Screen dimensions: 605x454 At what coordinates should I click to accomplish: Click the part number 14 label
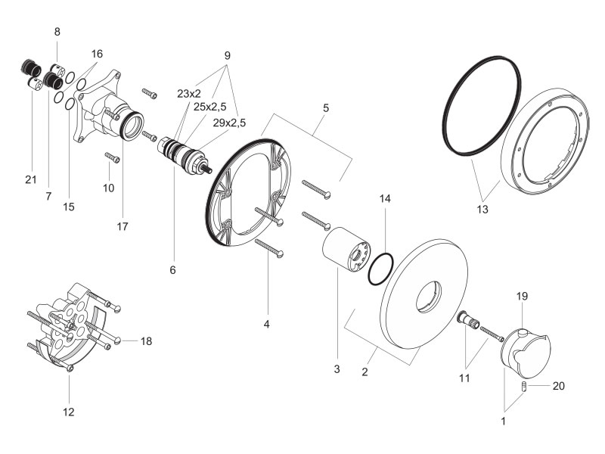385,199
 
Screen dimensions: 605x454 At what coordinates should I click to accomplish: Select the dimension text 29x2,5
229,123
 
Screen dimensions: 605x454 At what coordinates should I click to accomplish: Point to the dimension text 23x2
189,93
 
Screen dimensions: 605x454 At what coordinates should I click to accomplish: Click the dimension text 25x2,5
210,107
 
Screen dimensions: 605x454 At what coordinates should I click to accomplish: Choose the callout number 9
228,55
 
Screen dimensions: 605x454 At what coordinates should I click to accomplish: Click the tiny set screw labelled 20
524,386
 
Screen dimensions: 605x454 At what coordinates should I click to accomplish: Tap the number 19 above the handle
522,296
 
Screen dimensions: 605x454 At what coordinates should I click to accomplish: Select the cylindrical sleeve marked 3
346,249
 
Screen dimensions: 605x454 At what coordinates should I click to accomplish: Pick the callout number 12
68,412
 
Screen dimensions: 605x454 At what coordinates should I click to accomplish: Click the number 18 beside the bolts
146,341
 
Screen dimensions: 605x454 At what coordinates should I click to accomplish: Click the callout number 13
482,210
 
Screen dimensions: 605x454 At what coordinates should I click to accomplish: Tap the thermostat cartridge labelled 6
184,155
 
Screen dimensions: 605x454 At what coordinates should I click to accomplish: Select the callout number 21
31,179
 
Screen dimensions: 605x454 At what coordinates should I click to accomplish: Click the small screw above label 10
112,157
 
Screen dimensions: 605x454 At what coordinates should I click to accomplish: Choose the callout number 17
123,226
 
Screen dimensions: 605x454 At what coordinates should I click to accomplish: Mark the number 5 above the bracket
326,108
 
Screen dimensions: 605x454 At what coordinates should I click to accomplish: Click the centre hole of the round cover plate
428,297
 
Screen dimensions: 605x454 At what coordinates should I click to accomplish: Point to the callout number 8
57,32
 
